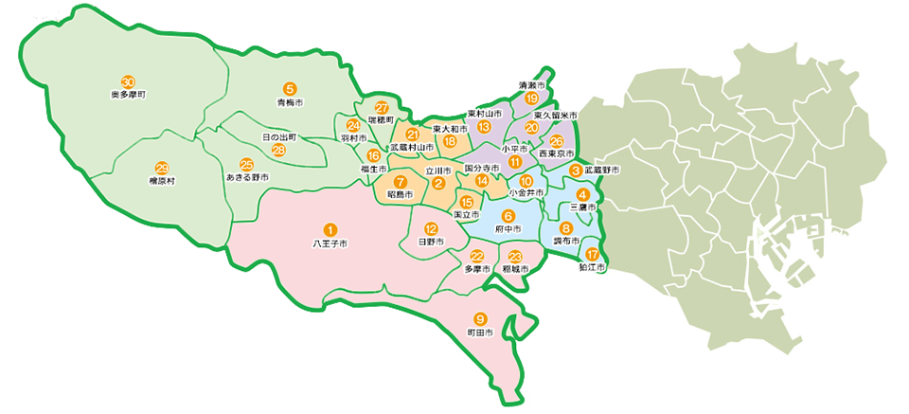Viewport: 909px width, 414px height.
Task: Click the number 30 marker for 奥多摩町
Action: pos(127,81)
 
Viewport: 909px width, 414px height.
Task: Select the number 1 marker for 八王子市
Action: pos(330,229)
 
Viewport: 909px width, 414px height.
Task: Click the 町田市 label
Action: pos(480,333)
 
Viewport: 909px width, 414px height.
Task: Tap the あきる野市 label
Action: pos(246,177)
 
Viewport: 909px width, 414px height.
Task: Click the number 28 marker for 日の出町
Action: pos(278,150)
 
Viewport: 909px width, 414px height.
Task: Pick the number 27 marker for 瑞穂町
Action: pos(382,107)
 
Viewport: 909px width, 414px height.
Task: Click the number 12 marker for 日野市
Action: pos(431,228)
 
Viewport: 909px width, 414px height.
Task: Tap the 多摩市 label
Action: pos(477,269)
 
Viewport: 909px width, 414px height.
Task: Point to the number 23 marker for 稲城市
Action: pos(515,257)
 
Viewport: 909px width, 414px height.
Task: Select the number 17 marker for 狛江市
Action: pos(593,254)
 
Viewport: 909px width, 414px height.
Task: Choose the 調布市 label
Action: pos(566,242)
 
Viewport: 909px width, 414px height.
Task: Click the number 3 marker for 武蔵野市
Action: pos(575,170)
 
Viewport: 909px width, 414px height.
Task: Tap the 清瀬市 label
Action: pos(534,84)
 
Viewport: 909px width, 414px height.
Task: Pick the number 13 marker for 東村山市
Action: pos(484,127)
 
